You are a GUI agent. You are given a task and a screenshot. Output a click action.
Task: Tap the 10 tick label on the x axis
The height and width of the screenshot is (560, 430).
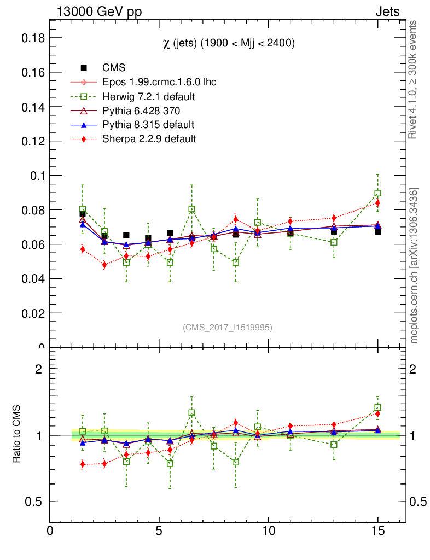tap(268, 531)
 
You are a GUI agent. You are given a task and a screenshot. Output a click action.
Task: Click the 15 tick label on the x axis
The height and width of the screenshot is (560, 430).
tap(377, 531)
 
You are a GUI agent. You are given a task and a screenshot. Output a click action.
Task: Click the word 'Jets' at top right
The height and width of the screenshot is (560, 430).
tap(387, 12)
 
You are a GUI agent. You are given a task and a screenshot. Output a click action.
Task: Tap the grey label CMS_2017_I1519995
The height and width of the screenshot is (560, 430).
tap(228, 327)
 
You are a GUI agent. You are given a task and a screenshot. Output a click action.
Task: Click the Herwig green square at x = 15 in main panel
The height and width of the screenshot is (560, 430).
tap(377, 193)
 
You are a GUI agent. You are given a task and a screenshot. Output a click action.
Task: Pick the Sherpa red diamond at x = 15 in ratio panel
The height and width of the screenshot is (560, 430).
tap(377, 413)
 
